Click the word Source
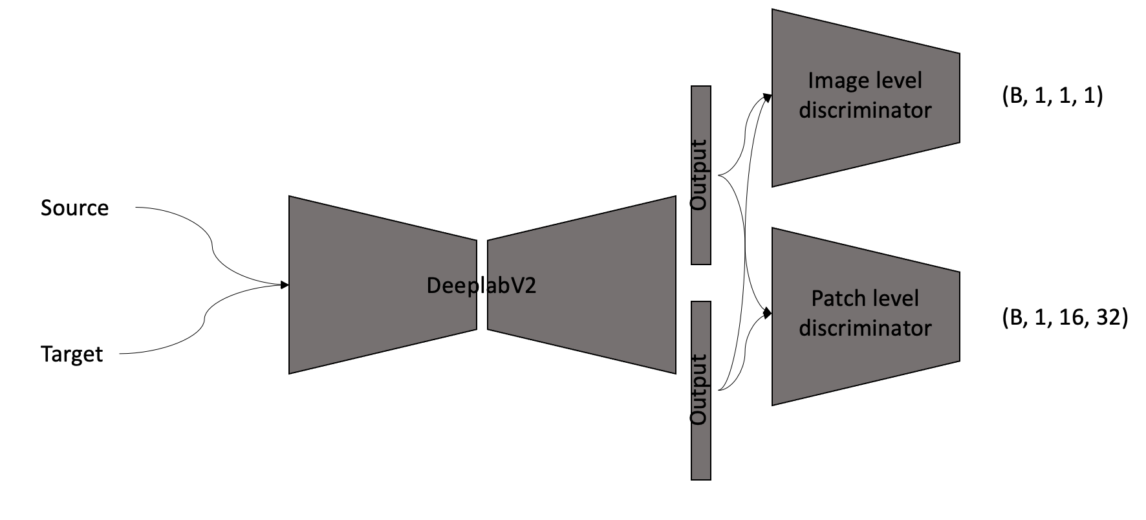coord(74,208)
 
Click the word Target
coord(72,354)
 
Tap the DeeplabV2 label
coord(481,286)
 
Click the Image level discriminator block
coord(865,97)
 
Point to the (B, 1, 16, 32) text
coord(1065,318)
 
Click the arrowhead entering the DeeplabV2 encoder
coord(285,285)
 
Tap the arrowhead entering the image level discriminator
coord(768,97)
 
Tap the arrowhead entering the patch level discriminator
coord(768,314)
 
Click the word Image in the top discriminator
coord(833,81)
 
